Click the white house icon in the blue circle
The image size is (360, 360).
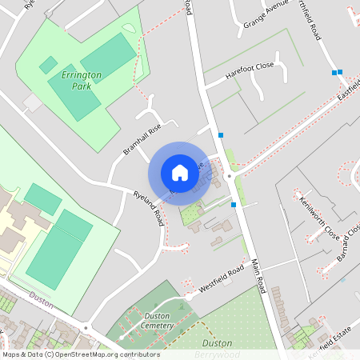tap(179, 173)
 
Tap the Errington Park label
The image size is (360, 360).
tap(81, 80)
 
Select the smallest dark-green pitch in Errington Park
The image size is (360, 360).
tap(48, 65)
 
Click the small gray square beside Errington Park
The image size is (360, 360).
tap(32, 102)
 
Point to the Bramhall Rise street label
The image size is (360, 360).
tap(142, 139)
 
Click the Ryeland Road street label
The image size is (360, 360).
tap(150, 206)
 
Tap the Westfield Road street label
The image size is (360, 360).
tap(220, 279)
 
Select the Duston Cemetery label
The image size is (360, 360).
tap(149, 321)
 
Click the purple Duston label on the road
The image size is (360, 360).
tap(41, 295)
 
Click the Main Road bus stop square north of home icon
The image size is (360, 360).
tap(221, 134)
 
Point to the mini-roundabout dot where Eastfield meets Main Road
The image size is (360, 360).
tap(230, 174)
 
